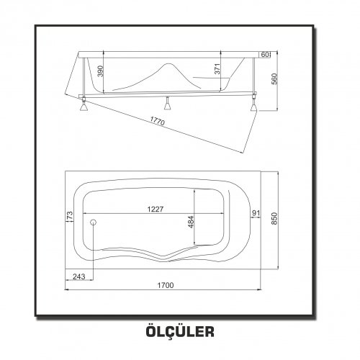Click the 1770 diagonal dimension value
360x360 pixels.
click(158, 121)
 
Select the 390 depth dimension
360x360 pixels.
click(101, 71)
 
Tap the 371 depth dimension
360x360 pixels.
click(217, 69)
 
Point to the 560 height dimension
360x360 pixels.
click(274, 79)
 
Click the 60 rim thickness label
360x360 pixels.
click(265, 55)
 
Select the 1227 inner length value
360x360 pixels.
click(156, 210)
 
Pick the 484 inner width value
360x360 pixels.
click(191, 222)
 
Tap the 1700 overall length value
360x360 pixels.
click(166, 285)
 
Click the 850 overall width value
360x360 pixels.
click(274, 219)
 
